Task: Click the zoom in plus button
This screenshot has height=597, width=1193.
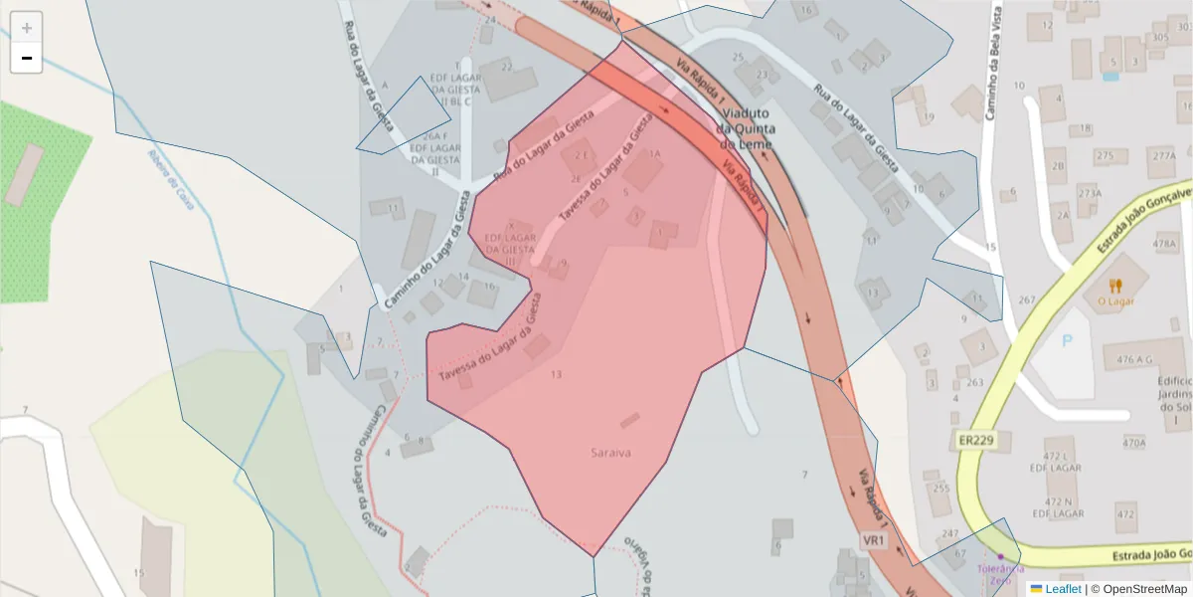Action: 27,28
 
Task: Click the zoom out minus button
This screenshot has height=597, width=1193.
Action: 27,58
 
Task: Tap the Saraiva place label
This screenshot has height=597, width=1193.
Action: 611,453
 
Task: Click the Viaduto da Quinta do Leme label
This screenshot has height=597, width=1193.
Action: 752,128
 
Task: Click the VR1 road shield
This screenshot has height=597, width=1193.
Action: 874,539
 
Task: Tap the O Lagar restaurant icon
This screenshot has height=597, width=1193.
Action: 1115,287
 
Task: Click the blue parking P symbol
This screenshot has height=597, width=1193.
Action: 1068,340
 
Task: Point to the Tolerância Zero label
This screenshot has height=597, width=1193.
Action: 1001,574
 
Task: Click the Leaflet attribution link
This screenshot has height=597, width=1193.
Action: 1063,589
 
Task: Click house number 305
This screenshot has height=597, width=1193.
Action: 1159,38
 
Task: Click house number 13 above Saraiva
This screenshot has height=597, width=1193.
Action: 556,374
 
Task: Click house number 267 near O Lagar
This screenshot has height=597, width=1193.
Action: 1027,300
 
